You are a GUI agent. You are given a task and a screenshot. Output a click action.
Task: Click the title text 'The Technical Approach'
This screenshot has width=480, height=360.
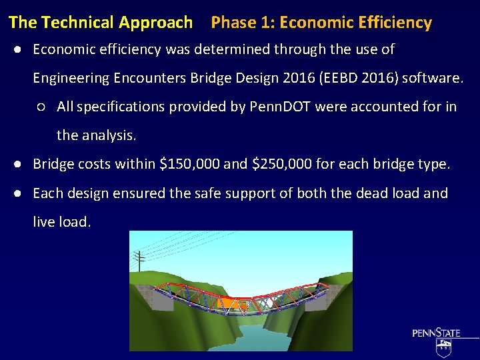101,23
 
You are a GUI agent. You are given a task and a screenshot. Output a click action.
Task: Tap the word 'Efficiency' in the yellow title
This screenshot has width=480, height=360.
395,23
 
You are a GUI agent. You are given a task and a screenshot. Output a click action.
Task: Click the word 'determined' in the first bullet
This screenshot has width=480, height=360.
221,49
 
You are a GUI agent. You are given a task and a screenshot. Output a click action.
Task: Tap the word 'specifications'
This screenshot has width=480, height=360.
122,107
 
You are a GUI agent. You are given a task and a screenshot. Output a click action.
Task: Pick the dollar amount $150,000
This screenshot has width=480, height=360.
188,164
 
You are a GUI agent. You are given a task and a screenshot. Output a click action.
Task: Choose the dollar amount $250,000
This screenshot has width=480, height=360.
281,164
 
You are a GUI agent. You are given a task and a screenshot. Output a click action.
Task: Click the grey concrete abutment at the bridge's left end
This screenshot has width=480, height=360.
147,295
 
